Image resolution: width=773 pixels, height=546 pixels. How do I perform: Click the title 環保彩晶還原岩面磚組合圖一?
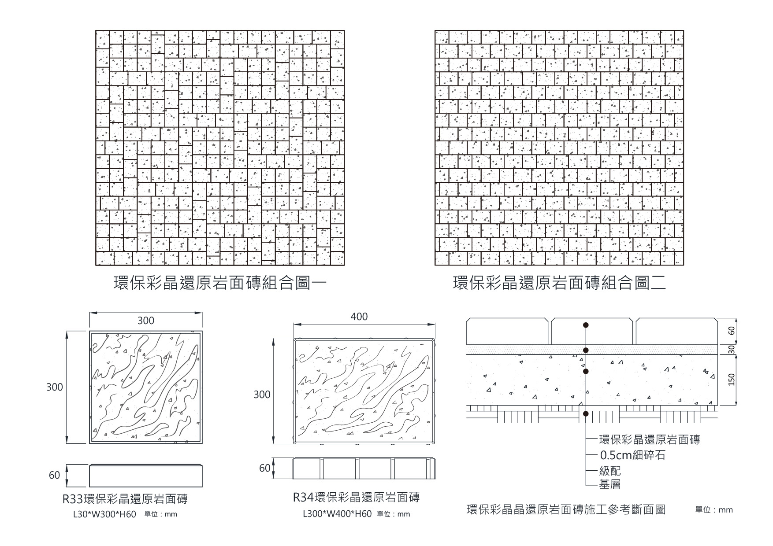tap(220, 284)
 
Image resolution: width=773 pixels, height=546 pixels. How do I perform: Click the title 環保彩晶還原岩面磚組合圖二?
tap(559, 284)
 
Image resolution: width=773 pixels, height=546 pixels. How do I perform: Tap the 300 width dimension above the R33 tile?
tap(146, 321)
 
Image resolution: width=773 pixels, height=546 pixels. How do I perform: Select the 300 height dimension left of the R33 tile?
tap(55, 387)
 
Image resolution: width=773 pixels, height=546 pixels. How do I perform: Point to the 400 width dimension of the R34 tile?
tap(359, 317)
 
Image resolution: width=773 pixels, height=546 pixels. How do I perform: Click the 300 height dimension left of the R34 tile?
tap(262, 395)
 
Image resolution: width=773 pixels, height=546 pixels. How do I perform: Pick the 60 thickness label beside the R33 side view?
tap(54, 476)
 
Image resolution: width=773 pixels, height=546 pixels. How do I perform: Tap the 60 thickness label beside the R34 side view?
tap(264, 468)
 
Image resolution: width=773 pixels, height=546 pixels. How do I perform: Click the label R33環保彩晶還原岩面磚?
tap(125, 499)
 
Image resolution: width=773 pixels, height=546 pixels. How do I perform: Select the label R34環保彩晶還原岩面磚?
tap(356, 498)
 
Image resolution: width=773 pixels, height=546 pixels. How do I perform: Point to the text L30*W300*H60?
tap(104, 514)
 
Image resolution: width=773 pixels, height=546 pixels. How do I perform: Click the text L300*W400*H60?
tap(337, 514)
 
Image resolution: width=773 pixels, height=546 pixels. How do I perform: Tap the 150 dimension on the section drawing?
tap(732, 380)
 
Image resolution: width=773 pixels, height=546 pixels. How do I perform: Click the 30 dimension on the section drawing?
tap(732, 350)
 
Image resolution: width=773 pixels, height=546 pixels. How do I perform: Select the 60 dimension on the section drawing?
tap(732, 331)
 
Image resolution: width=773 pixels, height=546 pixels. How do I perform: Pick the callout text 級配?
tap(610, 471)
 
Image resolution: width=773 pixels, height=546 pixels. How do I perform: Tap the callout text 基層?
tap(610, 485)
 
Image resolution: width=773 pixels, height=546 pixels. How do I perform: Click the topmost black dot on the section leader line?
tap(586, 325)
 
